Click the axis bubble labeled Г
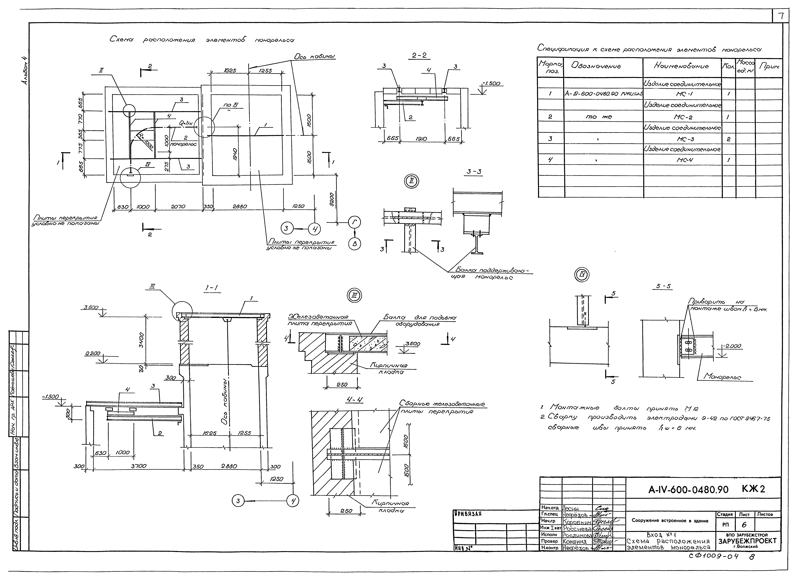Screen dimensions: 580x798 point(354,222)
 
